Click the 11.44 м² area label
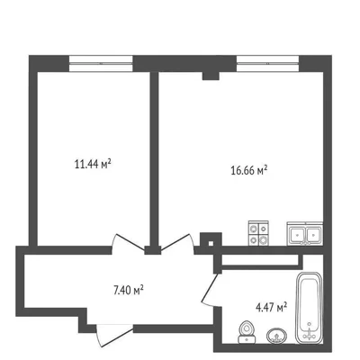[x=93, y=164]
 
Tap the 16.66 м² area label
[x=249, y=170]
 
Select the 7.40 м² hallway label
[x=128, y=290]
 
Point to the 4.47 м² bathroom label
[x=272, y=308]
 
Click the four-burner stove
[x=258, y=233]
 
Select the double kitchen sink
[x=305, y=234]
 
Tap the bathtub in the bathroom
[x=309, y=308]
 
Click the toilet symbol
[x=247, y=332]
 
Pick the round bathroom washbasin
[x=276, y=336]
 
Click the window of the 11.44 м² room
[x=101, y=63]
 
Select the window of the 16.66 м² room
[x=267, y=63]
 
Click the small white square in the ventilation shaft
[x=211, y=244]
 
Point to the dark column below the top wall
[x=211, y=76]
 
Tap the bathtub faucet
[x=309, y=331]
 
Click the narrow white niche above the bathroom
[x=260, y=260]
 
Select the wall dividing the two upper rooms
[x=154, y=159]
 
